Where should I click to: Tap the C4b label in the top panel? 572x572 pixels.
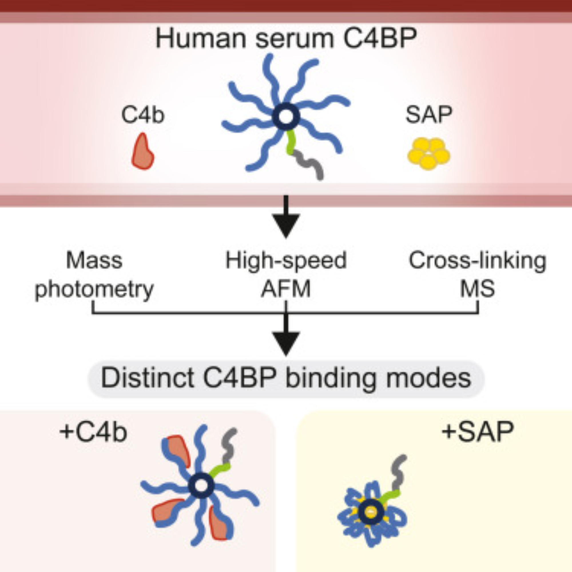point(143,115)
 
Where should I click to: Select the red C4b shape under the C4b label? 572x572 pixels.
point(142,153)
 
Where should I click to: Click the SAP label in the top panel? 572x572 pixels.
point(429,115)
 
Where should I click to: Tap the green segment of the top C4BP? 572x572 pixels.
point(291,142)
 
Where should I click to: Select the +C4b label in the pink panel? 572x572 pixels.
point(93,432)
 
